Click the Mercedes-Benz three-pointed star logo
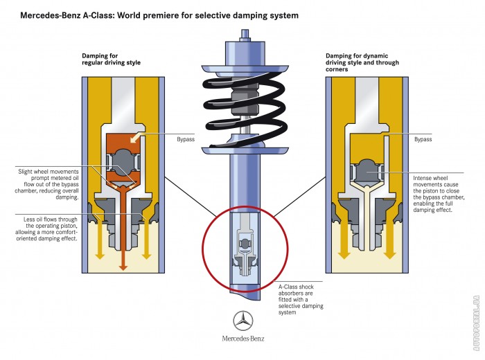[243, 321]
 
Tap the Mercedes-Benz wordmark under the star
[243, 339]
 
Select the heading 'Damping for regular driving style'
[111, 59]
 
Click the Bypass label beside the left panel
[185, 139]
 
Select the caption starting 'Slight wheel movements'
[51, 184]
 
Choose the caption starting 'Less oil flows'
[51, 229]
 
